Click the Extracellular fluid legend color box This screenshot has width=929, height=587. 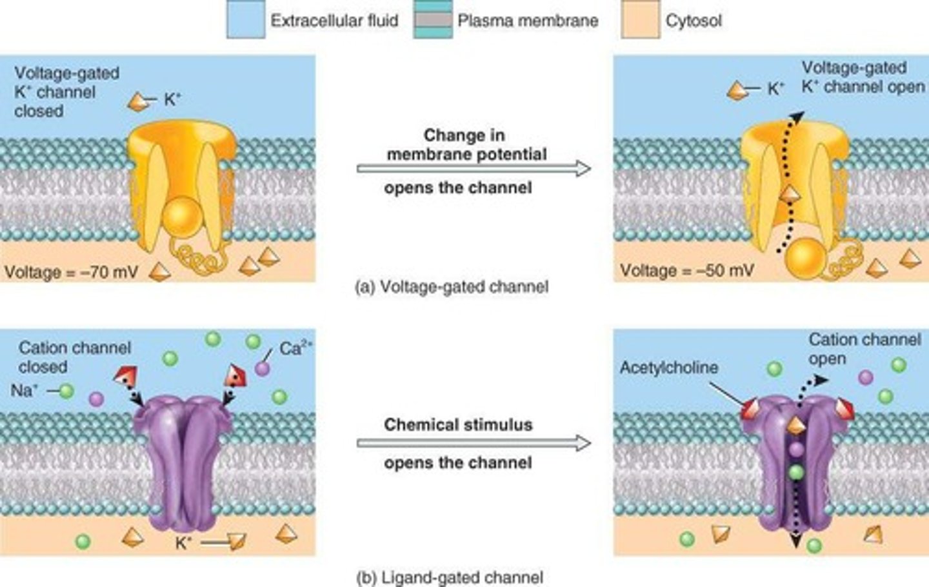[x=246, y=20]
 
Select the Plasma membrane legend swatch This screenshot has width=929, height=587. [x=432, y=20]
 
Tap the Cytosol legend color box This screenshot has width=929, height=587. [x=640, y=20]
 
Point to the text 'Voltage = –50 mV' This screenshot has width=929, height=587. [x=686, y=270]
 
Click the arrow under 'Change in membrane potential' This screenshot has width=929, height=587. [x=474, y=169]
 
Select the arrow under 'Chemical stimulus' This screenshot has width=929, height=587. [x=474, y=443]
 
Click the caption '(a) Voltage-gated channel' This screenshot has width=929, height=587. [x=452, y=286]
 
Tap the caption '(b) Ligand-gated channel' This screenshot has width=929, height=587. [x=450, y=577]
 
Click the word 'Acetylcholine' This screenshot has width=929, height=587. [x=668, y=368]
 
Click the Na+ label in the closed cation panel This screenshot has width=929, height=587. [x=24, y=390]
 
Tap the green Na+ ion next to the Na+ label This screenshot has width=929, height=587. [x=66, y=390]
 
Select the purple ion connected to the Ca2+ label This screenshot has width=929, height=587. [x=262, y=368]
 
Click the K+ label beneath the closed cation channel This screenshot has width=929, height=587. [x=183, y=543]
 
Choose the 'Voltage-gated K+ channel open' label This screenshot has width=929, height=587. [x=862, y=77]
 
